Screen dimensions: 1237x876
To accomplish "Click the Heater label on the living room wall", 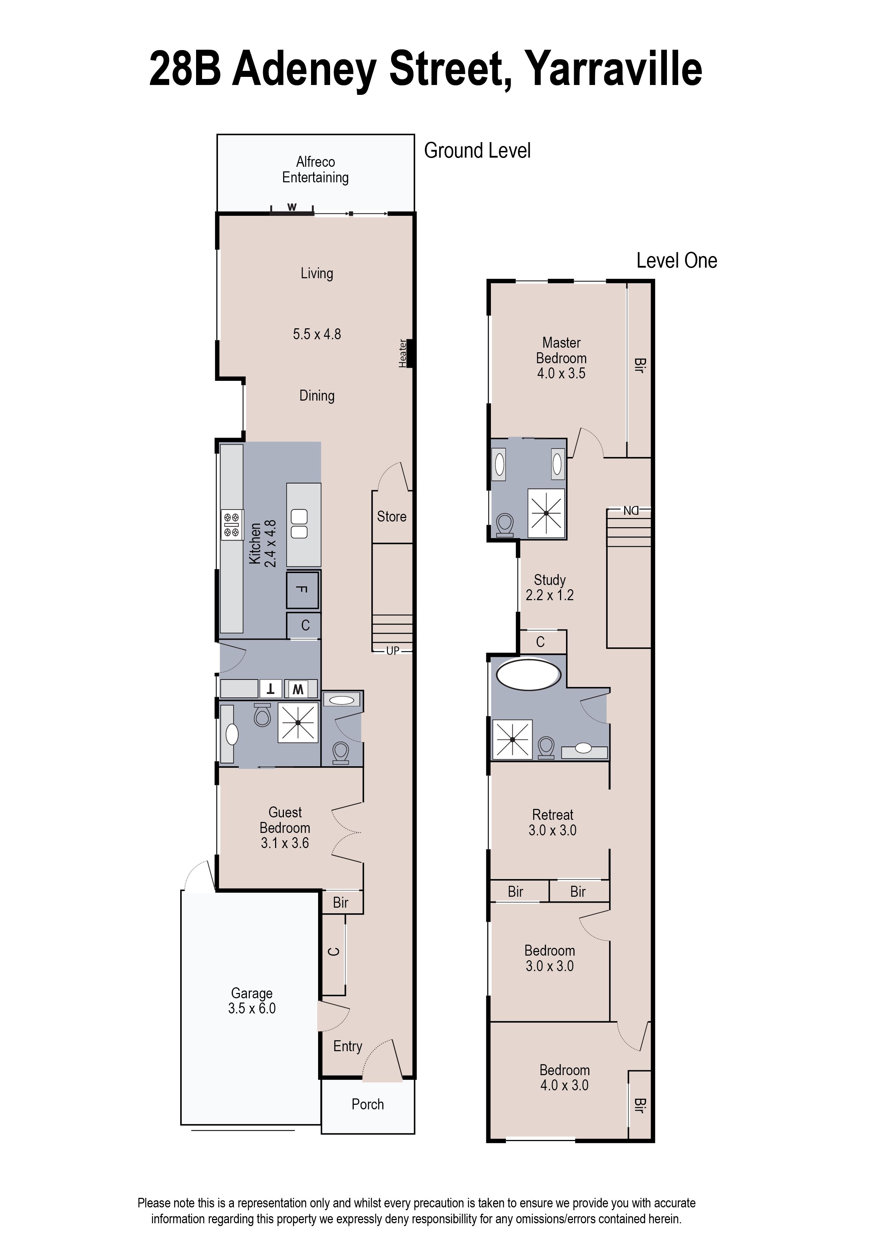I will pos(402,353).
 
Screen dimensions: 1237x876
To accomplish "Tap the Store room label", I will pos(391,517).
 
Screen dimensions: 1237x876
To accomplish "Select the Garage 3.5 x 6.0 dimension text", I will pos(252,1009).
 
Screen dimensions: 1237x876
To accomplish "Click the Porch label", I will pos(367,1104).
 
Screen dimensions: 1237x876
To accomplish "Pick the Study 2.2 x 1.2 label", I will pos(550,588).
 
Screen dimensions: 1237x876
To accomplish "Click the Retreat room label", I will pos(552,815).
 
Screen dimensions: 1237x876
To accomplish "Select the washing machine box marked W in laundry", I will pos(298,689).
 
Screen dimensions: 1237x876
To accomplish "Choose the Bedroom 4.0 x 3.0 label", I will pos(564,1078).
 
